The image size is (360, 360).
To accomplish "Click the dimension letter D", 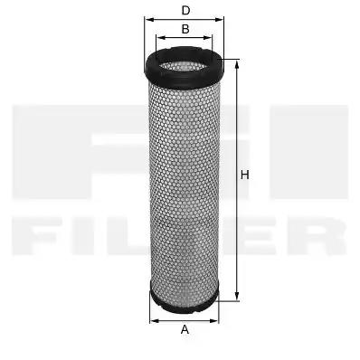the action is [185, 11].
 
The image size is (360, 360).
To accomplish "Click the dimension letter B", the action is [185, 29].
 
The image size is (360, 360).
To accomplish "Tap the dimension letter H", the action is [245, 175].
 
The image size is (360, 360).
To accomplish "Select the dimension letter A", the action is [185, 329].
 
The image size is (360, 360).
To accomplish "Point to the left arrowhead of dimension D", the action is [148, 19].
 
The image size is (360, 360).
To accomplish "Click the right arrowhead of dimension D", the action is [220, 19].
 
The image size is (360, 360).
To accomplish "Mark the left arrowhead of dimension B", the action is [160, 38].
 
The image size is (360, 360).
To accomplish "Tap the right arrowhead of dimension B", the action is [208, 38].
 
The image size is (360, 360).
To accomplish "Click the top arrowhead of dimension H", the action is [237, 64].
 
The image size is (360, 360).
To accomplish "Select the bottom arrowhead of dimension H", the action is [237, 296].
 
